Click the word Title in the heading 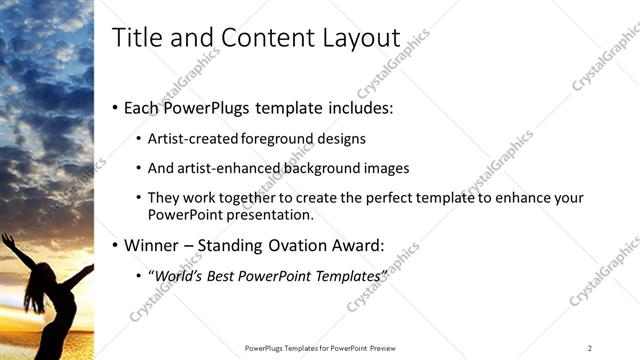tap(135, 38)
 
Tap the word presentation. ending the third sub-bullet tap(273, 214)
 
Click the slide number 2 tap(590, 347)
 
